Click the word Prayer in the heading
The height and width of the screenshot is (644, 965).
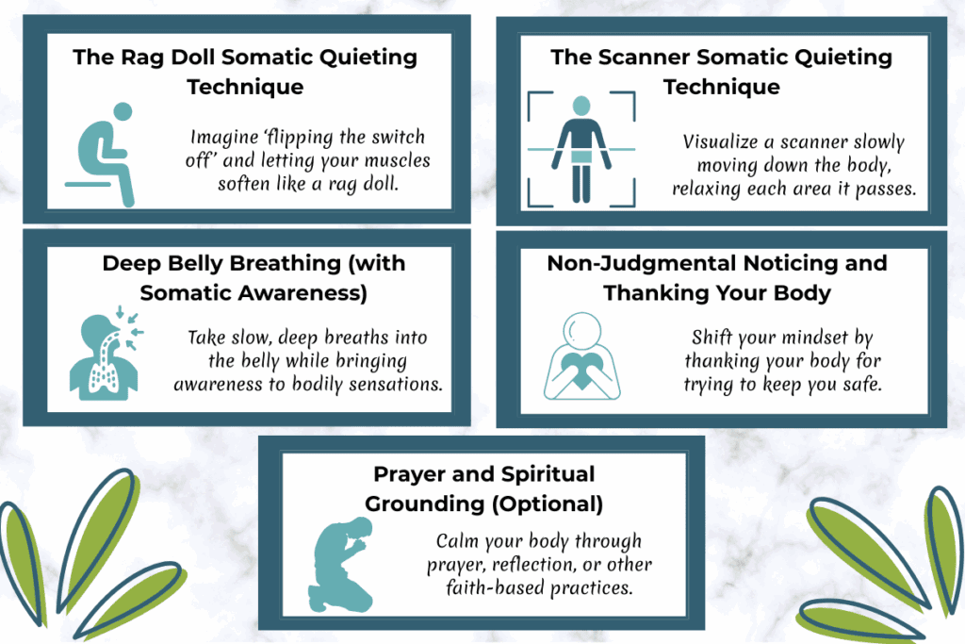pos(409,473)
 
